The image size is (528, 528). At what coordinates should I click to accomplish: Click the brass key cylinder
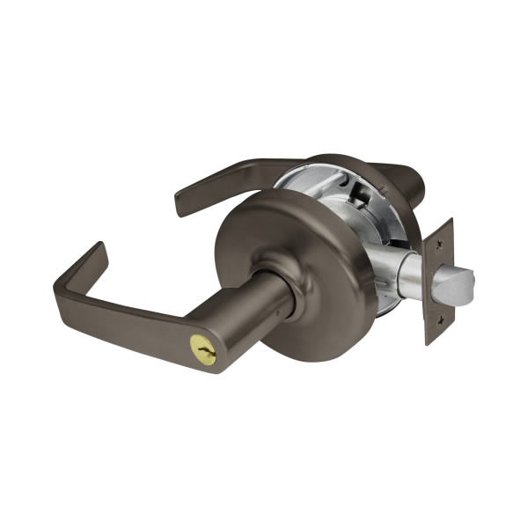[207, 354]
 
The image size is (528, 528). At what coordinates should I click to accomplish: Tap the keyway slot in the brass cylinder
[207, 355]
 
